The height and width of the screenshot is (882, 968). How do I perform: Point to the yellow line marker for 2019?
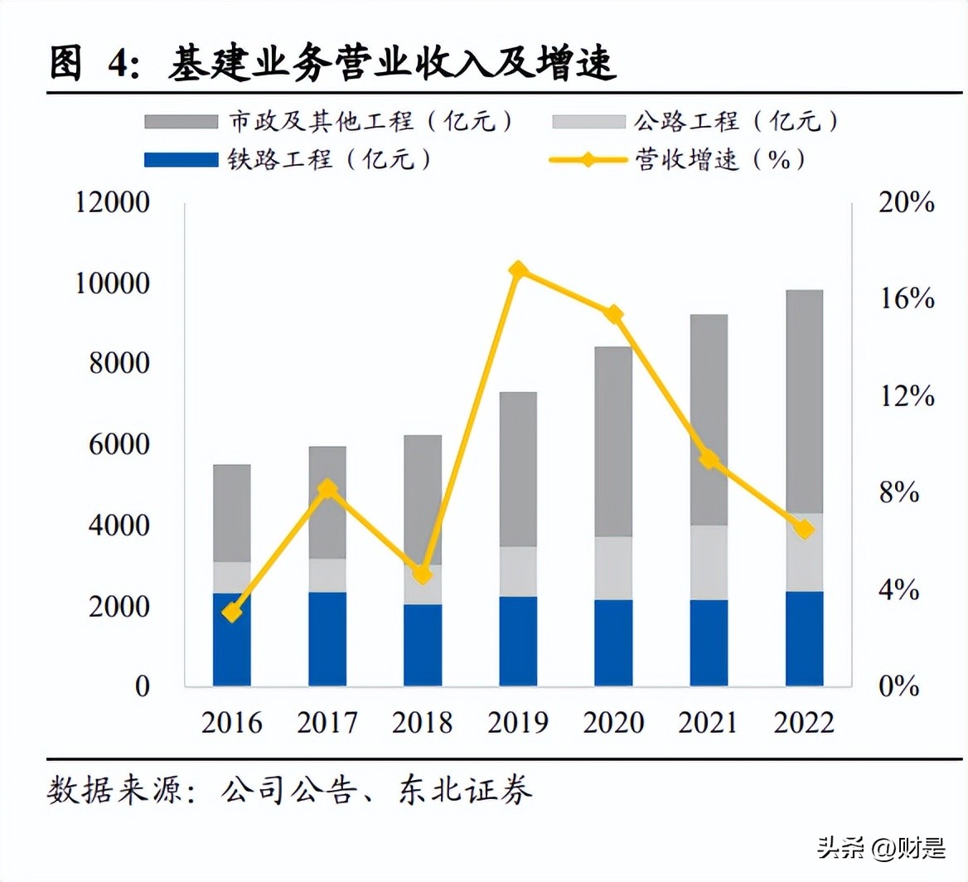(x=519, y=271)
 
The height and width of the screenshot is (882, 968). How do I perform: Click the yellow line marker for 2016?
(x=232, y=613)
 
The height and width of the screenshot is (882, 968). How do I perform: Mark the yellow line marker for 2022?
(x=804, y=530)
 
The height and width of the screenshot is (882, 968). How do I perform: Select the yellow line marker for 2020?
(x=614, y=314)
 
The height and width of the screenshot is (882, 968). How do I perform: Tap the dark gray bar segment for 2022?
(x=804, y=401)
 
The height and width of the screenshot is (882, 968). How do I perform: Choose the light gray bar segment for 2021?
(x=709, y=562)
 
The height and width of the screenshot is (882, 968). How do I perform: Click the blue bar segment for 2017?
(x=327, y=638)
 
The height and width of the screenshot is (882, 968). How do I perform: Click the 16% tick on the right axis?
(x=907, y=299)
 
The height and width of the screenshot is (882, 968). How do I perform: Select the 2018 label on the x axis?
(x=423, y=723)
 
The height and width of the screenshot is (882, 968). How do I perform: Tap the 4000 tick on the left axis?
(x=121, y=526)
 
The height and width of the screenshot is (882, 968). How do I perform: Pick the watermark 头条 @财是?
(x=881, y=848)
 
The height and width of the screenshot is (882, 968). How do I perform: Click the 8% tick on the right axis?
(x=898, y=493)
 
